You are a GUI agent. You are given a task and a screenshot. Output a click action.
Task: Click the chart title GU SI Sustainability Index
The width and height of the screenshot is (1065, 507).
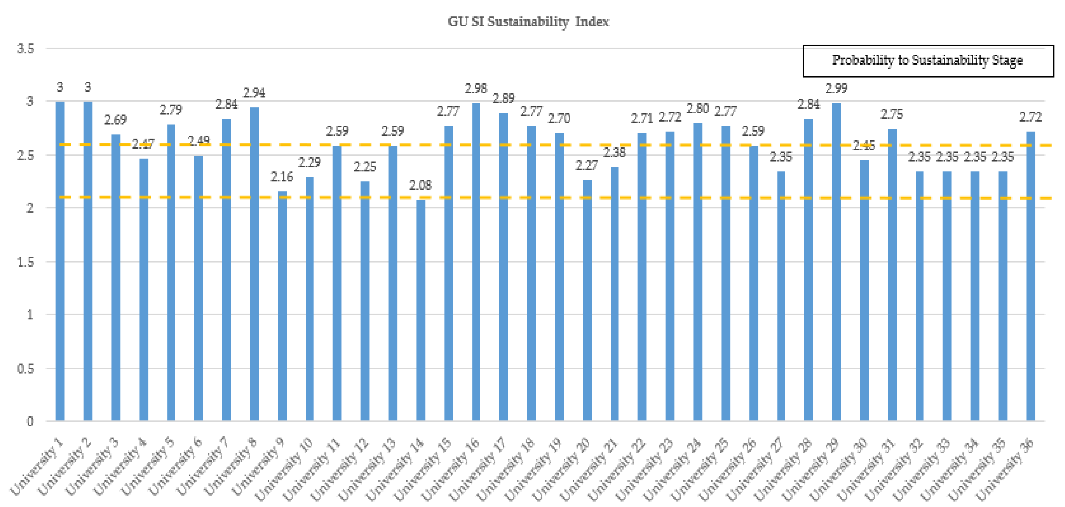528,22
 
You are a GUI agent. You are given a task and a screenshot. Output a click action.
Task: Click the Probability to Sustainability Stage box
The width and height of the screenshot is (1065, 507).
928,61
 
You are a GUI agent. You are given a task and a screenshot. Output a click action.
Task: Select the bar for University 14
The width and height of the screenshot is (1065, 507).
420,310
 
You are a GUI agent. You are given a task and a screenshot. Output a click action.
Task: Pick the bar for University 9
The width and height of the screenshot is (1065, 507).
282,306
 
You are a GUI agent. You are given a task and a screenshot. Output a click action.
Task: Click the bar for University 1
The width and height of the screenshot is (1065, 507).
60,261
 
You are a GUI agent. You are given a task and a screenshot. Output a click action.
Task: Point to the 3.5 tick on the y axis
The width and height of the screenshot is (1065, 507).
26,49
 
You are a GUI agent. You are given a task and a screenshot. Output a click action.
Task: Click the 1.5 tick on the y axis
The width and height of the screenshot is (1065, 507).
26,262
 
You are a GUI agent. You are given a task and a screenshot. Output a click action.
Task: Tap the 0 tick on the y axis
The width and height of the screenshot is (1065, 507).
30,421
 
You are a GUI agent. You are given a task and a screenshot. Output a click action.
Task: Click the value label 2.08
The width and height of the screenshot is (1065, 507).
420,185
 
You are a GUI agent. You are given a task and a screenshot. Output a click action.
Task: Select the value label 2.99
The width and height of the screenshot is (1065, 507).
836,88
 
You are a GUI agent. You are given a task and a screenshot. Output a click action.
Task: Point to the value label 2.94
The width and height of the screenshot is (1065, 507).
254,93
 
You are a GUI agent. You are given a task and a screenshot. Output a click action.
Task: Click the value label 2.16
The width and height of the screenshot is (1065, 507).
282,177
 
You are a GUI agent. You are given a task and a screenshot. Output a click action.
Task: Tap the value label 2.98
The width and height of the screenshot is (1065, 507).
475,88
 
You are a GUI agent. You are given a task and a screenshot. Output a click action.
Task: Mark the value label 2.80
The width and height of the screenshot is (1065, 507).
698,109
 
